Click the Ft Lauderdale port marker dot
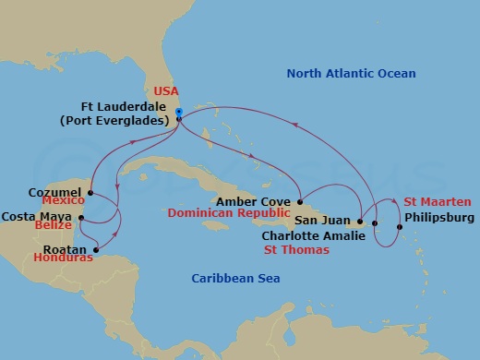(x=179, y=114)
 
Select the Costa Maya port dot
(x=81, y=219)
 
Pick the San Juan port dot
(x=359, y=222)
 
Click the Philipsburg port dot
(x=399, y=227)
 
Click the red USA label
(x=165, y=92)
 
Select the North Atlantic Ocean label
(x=351, y=74)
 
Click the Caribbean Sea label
(x=235, y=278)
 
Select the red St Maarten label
(x=438, y=202)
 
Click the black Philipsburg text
(x=438, y=218)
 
